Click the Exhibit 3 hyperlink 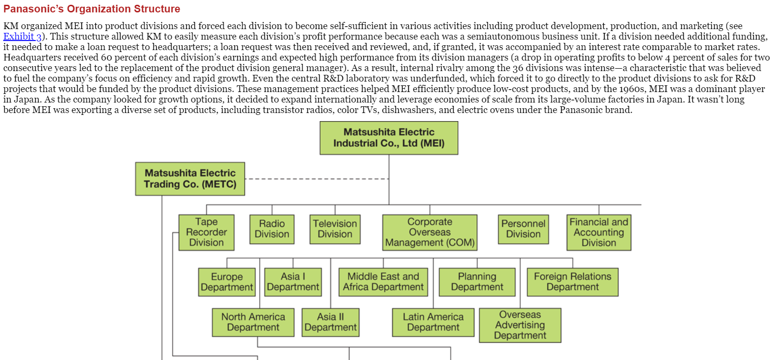pyautogui.click(x=22, y=37)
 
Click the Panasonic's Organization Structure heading pyautogui.click(x=92, y=9)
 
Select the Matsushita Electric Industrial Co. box pyautogui.click(x=389, y=138)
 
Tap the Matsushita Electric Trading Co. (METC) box pyautogui.click(x=190, y=179)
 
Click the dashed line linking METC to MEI pyautogui.click(x=317, y=179)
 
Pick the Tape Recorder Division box pyautogui.click(x=206, y=232)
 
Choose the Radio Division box pyautogui.click(x=272, y=229)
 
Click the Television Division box pyautogui.click(x=335, y=229)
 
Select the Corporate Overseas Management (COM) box pyautogui.click(x=430, y=232)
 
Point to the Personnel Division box pyautogui.click(x=524, y=229)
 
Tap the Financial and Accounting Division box pyautogui.click(x=599, y=232)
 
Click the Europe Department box pyautogui.click(x=227, y=282)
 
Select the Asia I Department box pyautogui.click(x=293, y=282)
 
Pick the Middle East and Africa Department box pyautogui.click(x=383, y=282)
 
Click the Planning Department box pyautogui.click(x=477, y=282)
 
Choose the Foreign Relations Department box pyautogui.click(x=573, y=282)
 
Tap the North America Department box pyautogui.click(x=253, y=322)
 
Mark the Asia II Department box pyautogui.click(x=330, y=322)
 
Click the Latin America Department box pyautogui.click(x=433, y=322)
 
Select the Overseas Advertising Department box pyautogui.click(x=520, y=325)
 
